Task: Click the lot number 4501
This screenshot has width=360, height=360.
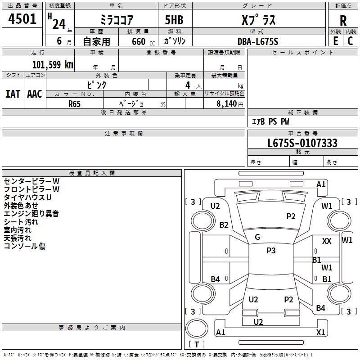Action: click(x=22, y=19)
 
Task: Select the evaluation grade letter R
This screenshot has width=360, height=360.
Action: click(x=343, y=21)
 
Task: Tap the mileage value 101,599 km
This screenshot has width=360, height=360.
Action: click(x=53, y=65)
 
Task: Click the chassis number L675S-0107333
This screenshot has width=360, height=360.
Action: click(x=302, y=143)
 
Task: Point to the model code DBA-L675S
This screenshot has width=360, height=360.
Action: click(x=258, y=41)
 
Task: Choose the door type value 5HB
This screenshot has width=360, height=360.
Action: click(x=174, y=20)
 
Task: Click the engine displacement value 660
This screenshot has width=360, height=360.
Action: click(x=139, y=41)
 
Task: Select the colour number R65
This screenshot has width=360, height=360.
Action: click(x=74, y=104)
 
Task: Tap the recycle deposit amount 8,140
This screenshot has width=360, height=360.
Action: click(x=226, y=104)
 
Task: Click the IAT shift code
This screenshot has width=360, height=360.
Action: click(x=13, y=94)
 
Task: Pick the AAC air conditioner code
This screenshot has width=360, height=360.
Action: click(x=35, y=94)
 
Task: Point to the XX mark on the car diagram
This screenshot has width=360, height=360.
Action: click(x=327, y=241)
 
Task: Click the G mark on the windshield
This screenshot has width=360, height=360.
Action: click(x=257, y=237)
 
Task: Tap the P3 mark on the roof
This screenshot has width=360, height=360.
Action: click(x=271, y=251)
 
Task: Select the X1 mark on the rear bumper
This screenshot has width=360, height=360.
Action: click(x=320, y=332)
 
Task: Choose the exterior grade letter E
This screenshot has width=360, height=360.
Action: click(x=335, y=41)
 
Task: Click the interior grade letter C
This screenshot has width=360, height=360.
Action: click(x=350, y=41)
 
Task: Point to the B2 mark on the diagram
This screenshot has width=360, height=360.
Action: click(x=224, y=225)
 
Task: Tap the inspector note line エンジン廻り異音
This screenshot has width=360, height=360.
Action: click(x=31, y=214)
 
